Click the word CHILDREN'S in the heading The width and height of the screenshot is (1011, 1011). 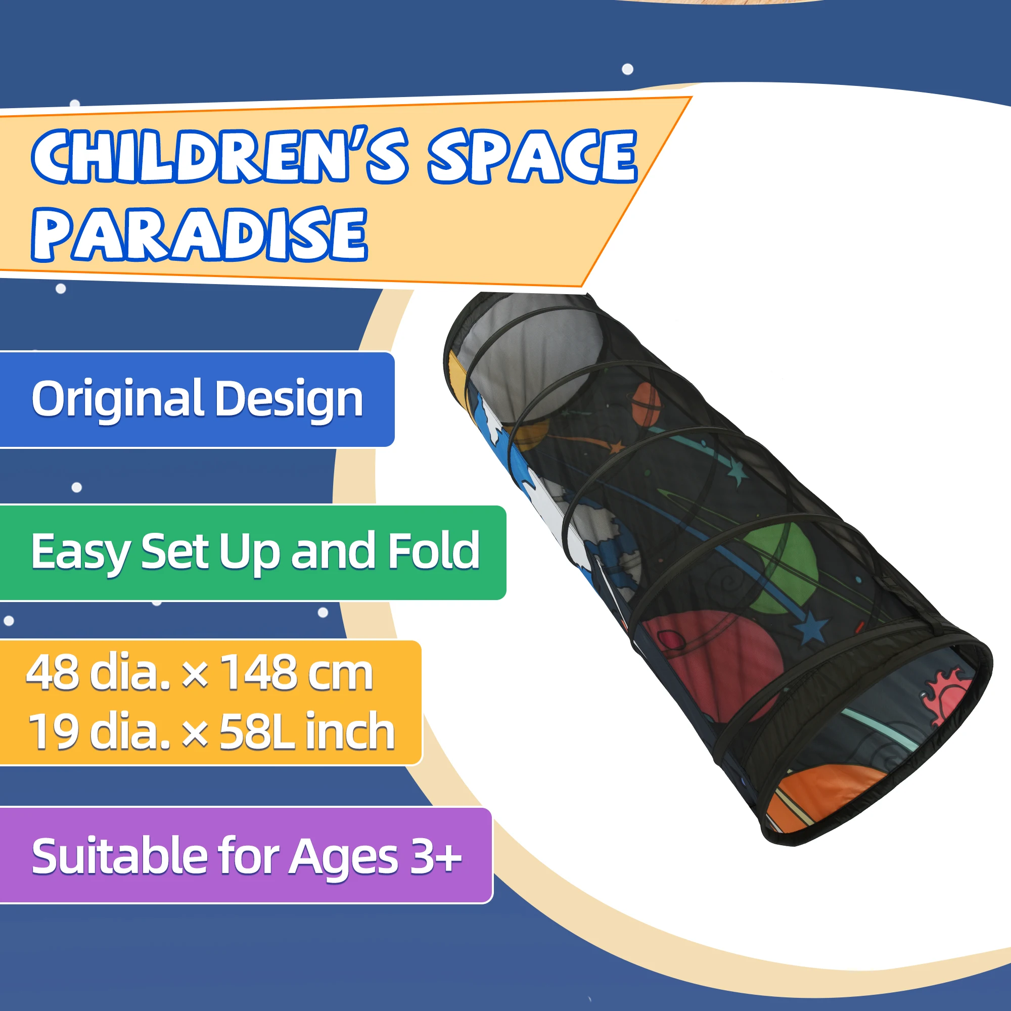tap(219, 155)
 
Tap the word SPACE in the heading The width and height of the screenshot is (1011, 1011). tap(532, 155)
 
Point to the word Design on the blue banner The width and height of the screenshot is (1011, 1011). tap(289, 399)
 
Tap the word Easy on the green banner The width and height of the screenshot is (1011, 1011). tap(81, 553)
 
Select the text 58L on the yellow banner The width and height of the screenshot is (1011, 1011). tap(256, 731)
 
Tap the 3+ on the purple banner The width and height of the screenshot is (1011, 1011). tap(435, 857)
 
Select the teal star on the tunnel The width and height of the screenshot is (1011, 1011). tap(739, 472)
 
